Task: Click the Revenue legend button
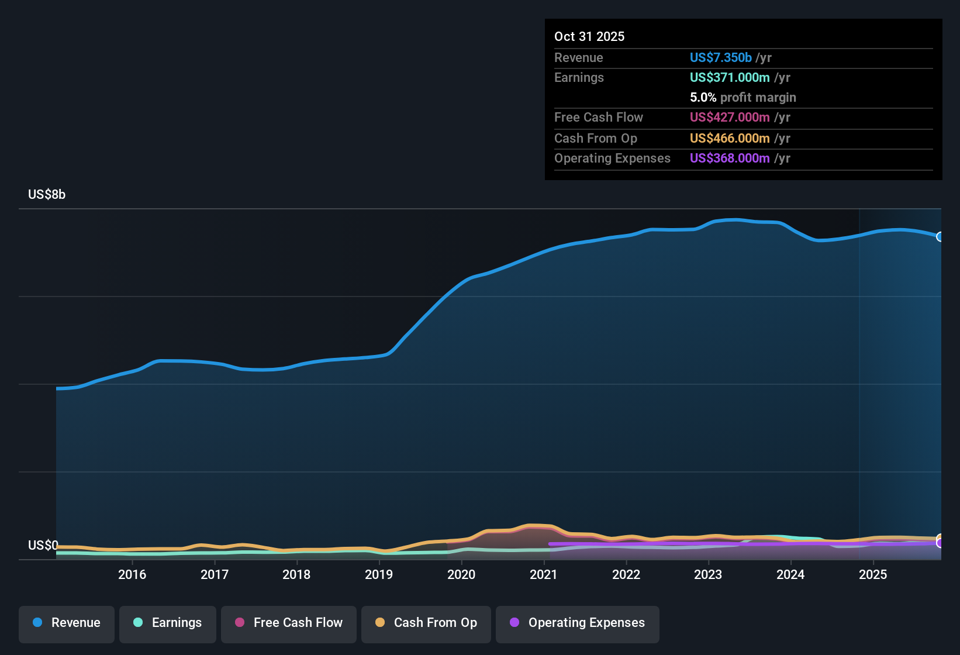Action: (x=67, y=623)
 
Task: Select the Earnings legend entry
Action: (x=168, y=623)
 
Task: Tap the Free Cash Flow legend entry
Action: (x=289, y=623)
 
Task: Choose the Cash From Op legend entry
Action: (x=426, y=623)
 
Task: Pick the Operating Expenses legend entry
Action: (x=578, y=623)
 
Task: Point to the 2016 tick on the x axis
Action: (x=132, y=574)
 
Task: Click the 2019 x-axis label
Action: (x=379, y=574)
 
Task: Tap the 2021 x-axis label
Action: (x=544, y=574)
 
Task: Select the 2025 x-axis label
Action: (x=873, y=574)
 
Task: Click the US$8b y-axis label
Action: (x=47, y=195)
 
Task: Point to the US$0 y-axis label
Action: (x=43, y=546)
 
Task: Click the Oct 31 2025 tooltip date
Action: (x=589, y=36)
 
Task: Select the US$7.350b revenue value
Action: (x=720, y=57)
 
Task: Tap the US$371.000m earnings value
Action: (x=730, y=77)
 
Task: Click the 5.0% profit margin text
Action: (x=743, y=97)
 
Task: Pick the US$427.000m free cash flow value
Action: (x=730, y=117)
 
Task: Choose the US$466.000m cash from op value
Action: (x=730, y=138)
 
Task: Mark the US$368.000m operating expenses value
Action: (x=730, y=158)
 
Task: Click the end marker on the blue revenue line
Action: (x=940, y=237)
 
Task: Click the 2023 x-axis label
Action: (x=708, y=574)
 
